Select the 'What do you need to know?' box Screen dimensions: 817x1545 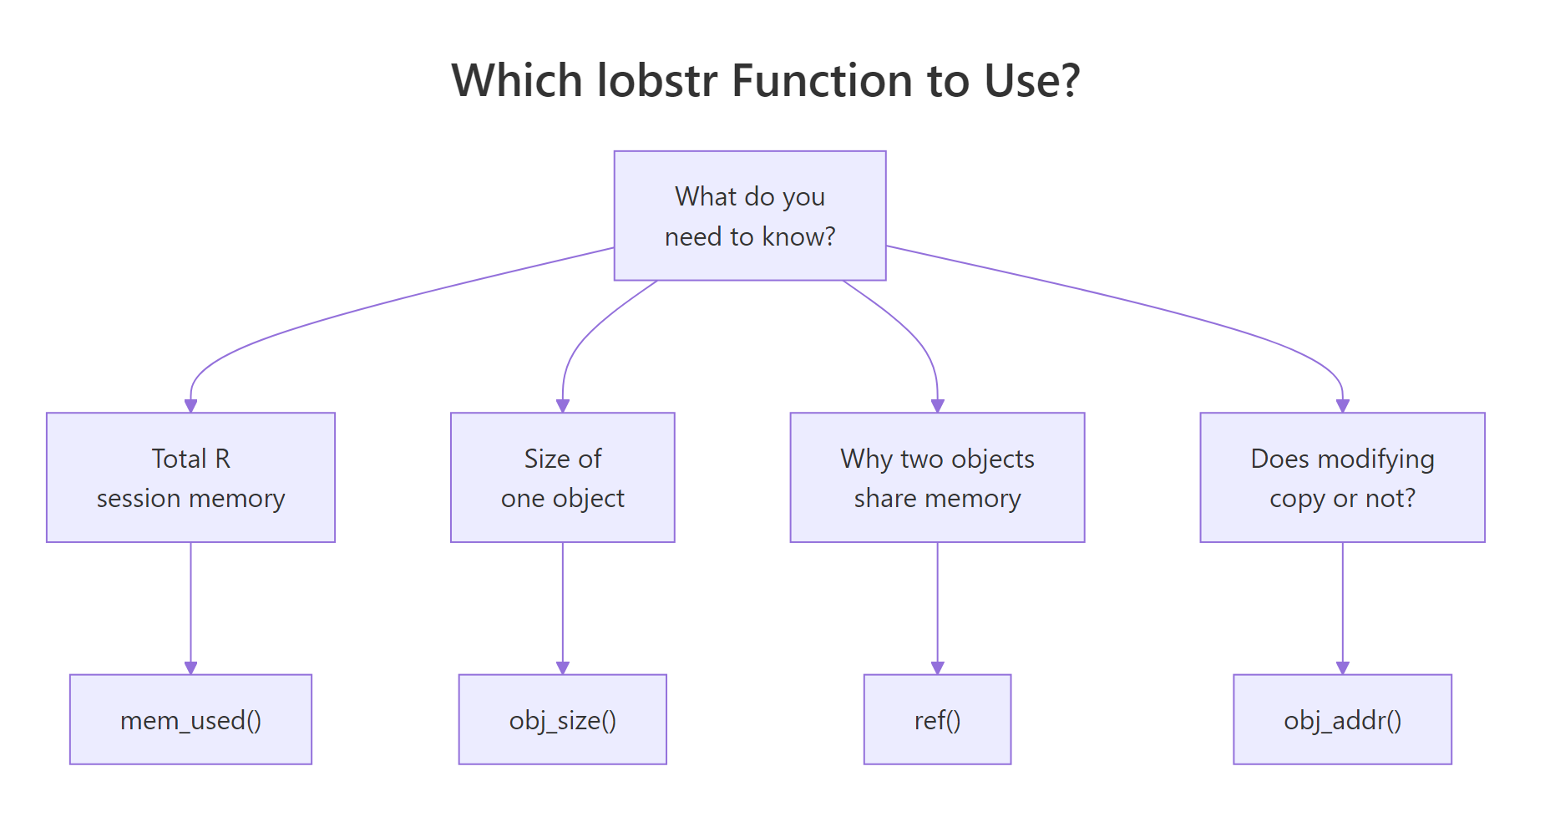749,216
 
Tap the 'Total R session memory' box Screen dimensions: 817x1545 190,477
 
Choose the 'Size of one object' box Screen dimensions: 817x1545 562,477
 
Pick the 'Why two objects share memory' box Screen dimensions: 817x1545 937,477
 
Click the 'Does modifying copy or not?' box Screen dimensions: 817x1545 1342,477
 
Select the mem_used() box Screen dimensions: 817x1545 190,719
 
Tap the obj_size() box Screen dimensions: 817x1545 562,719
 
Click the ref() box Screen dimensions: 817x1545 937,719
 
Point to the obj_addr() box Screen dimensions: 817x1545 1342,719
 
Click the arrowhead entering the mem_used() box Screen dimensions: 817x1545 190,667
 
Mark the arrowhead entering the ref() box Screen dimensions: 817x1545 937,667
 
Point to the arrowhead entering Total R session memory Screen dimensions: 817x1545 190,405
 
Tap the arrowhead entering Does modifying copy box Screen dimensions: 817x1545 1342,405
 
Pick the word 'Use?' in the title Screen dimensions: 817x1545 1032,81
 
